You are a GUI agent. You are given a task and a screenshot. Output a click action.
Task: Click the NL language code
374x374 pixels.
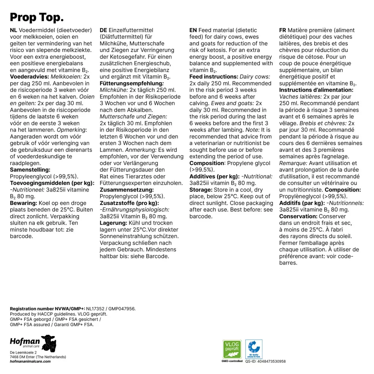pos(14,30)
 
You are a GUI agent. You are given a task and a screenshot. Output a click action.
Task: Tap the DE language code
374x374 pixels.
pos(103,30)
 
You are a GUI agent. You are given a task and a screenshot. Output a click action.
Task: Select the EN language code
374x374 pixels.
pos(193,30)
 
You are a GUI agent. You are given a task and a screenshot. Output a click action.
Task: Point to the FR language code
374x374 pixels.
pos(283,30)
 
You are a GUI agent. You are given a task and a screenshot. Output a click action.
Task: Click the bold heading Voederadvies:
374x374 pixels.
pos(30,77)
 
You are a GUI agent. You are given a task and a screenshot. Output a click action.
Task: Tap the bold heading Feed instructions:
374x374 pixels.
pos(214,77)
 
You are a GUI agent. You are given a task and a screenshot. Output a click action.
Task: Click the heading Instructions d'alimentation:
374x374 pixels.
pos(316,90)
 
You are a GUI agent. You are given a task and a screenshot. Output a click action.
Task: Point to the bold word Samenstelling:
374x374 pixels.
pos(30,170)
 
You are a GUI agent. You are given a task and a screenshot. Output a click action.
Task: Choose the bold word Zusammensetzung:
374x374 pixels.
pos(127,190)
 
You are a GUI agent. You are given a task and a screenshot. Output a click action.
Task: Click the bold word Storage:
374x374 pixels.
pos(201,190)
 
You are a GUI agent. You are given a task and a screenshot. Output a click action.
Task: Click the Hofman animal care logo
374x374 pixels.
pos(33,343)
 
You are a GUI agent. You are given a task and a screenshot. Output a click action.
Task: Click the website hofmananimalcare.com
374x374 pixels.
pos(30,361)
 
